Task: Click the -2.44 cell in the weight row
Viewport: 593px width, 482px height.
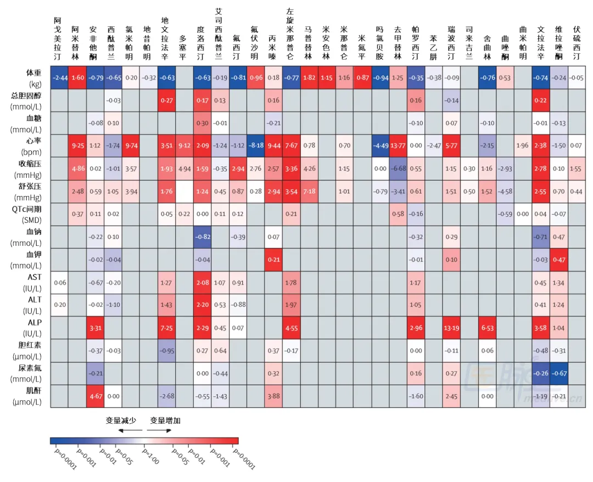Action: [x=59, y=77]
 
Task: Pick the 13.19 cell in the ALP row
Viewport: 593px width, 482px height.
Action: [x=451, y=328]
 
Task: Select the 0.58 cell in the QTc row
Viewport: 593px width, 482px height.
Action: [x=398, y=214]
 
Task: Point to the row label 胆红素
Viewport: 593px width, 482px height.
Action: [x=25, y=345]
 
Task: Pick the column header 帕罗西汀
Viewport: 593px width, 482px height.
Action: [x=416, y=44]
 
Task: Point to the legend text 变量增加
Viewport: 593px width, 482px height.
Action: [x=165, y=421]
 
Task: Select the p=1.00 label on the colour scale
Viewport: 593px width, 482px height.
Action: [x=149, y=455]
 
